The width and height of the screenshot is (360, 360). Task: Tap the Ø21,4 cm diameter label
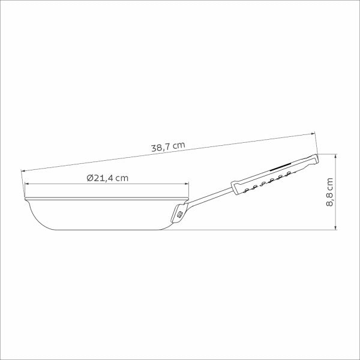pos(107,178)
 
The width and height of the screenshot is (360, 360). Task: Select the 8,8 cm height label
pos(329,193)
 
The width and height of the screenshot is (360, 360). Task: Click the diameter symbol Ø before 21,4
pos(89,178)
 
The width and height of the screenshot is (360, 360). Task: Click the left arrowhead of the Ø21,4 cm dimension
pos(27,185)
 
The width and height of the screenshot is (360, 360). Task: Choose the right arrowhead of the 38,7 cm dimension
pos(313,134)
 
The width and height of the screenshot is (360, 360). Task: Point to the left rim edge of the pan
pos(25,197)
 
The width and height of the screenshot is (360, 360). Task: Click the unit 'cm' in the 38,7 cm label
pos(179,145)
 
